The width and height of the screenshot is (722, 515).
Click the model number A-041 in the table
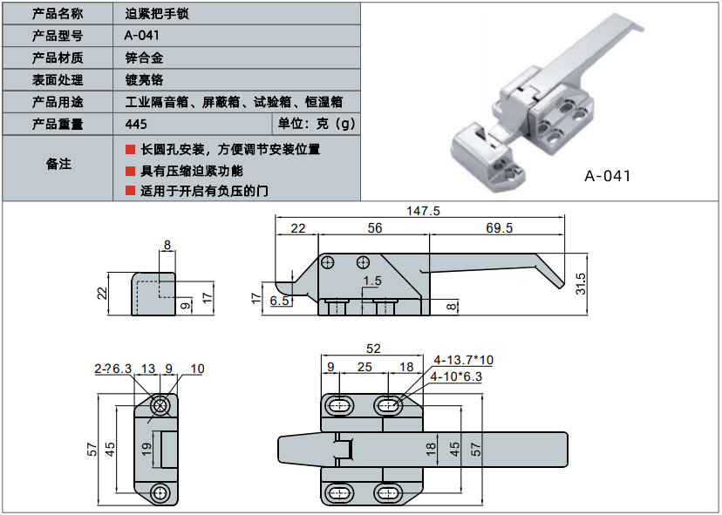142,36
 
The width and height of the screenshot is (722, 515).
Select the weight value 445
136,125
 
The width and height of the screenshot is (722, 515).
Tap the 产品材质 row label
58,58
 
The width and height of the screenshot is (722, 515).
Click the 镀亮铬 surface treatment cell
144,80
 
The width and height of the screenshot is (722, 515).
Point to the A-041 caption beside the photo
608,176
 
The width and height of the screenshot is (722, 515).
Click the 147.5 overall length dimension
423,211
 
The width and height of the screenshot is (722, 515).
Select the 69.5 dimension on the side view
499,227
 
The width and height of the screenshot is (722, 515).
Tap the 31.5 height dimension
581,284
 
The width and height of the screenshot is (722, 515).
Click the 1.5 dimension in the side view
372,281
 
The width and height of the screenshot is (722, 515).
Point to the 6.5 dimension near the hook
280,301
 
